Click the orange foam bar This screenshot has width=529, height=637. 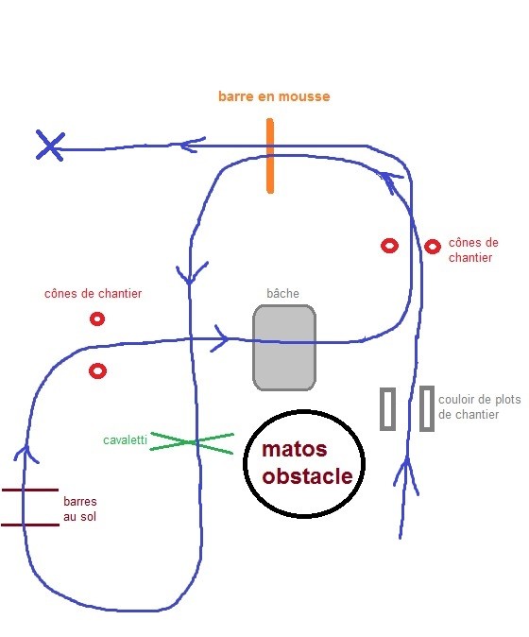(270, 156)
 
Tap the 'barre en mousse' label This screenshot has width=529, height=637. (274, 96)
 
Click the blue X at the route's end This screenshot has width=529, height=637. (50, 145)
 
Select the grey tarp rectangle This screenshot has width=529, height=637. (284, 348)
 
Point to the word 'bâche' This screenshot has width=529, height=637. (283, 293)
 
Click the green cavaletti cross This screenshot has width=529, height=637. (192, 442)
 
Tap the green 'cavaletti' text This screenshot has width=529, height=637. (125, 440)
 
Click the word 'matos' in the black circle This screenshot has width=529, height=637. (295, 449)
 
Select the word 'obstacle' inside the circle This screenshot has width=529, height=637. (307, 475)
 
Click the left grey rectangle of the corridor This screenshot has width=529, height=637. (387, 408)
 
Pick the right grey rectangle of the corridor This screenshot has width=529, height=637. (427, 408)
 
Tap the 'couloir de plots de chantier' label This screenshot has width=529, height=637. (480, 406)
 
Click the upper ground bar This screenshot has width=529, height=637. (30, 490)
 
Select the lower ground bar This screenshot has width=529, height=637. (30, 525)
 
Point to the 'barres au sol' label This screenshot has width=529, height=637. (80, 508)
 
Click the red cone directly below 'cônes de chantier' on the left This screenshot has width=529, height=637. (97, 318)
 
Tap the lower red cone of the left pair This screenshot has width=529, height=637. (97, 370)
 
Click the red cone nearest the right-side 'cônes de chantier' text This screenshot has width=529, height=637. (433, 247)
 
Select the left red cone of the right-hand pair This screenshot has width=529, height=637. (390, 246)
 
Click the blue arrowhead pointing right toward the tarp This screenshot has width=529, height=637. (221, 338)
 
